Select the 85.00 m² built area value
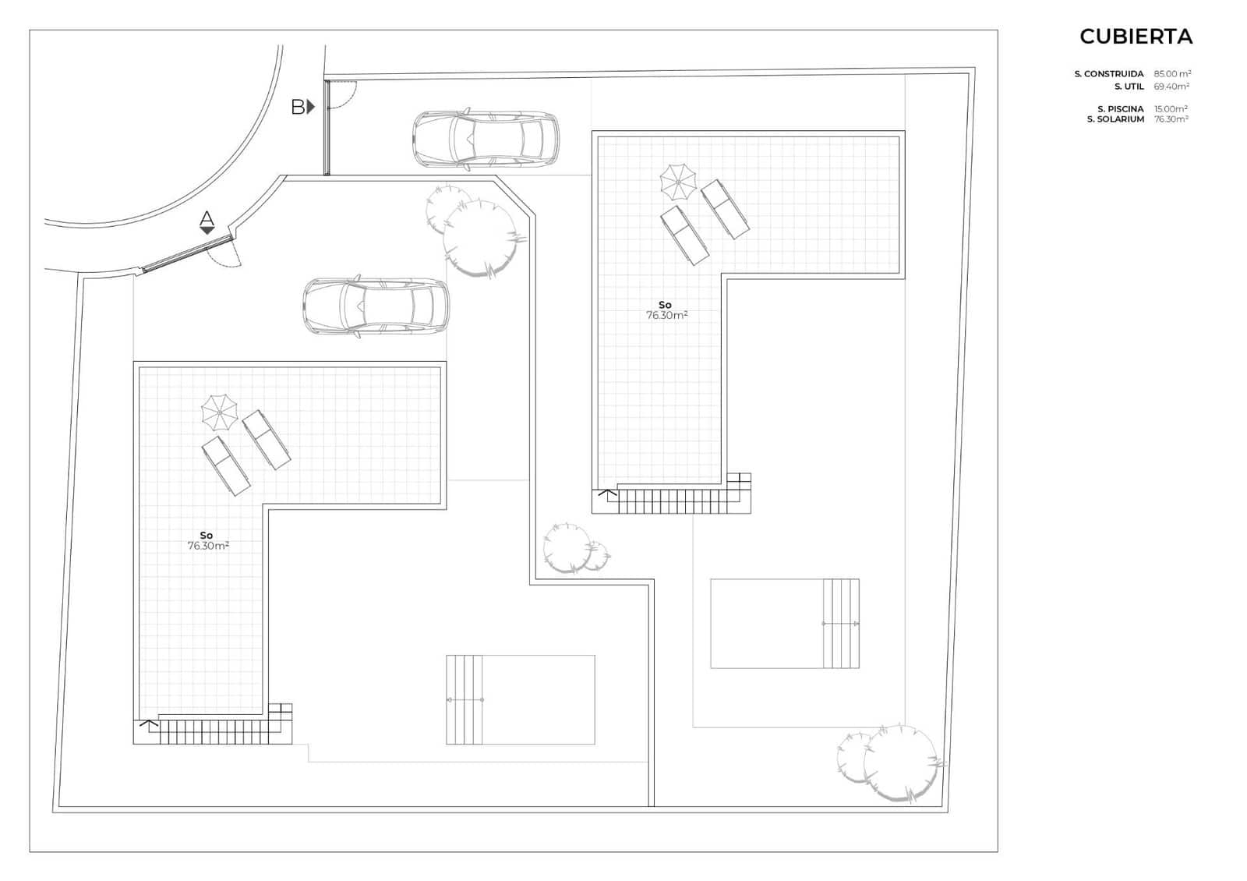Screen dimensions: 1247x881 1172,73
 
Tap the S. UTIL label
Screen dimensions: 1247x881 1129,87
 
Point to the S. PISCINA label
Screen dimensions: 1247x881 1121,109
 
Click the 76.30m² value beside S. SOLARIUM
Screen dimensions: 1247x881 1171,119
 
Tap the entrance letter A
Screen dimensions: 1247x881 207,218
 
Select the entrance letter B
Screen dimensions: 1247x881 298,107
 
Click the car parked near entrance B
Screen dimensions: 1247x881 486,139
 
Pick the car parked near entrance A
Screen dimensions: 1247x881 376,306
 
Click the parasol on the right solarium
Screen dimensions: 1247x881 678,182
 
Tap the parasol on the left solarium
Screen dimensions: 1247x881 219,412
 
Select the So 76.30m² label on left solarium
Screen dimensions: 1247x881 207,541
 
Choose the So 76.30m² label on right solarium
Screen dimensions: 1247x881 666,310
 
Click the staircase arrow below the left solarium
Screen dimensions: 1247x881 149,724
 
